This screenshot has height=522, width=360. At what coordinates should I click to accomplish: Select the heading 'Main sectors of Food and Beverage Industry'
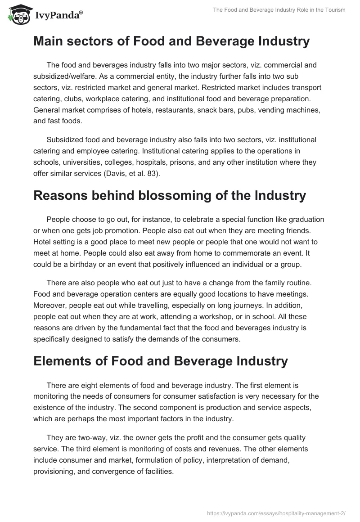click(171, 41)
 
